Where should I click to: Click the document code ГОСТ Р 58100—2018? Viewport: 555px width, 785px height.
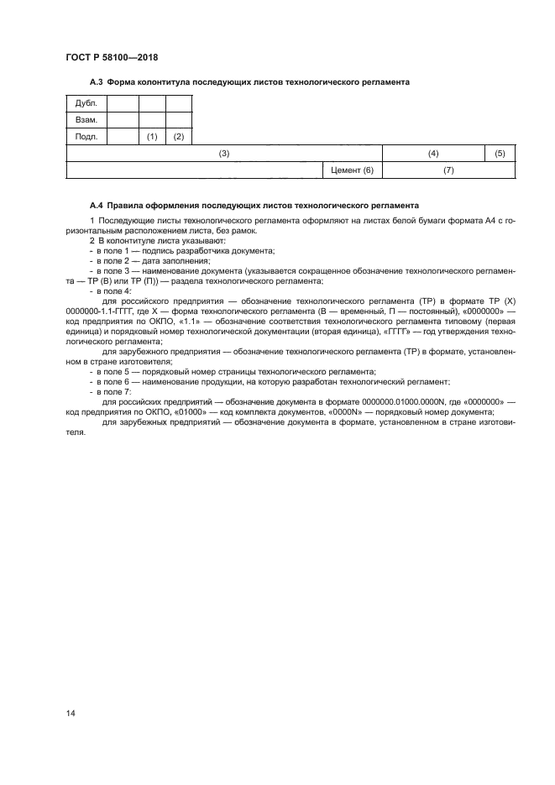pyautogui.click(x=112, y=57)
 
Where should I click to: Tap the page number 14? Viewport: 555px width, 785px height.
pyautogui.click(x=71, y=712)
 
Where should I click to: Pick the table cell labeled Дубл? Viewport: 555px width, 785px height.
pyautogui.click(x=86, y=104)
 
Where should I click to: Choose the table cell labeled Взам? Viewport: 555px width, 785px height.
pyautogui.click(x=86, y=120)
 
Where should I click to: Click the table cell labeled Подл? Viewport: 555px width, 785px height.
pyautogui.click(x=86, y=136)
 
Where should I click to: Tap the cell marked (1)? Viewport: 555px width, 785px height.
pyautogui.click(x=152, y=136)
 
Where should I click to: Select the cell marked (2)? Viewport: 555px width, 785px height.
pyautogui.click(x=179, y=136)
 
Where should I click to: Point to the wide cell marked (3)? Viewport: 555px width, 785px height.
pyautogui.click(x=224, y=154)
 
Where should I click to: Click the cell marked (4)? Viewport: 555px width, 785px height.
pyautogui.click(x=433, y=154)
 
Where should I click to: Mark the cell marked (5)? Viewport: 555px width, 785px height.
pyautogui.click(x=500, y=154)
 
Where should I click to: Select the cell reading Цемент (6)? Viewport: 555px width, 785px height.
pyautogui.click(x=352, y=170)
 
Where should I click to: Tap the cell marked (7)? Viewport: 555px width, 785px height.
pyautogui.click(x=448, y=170)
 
